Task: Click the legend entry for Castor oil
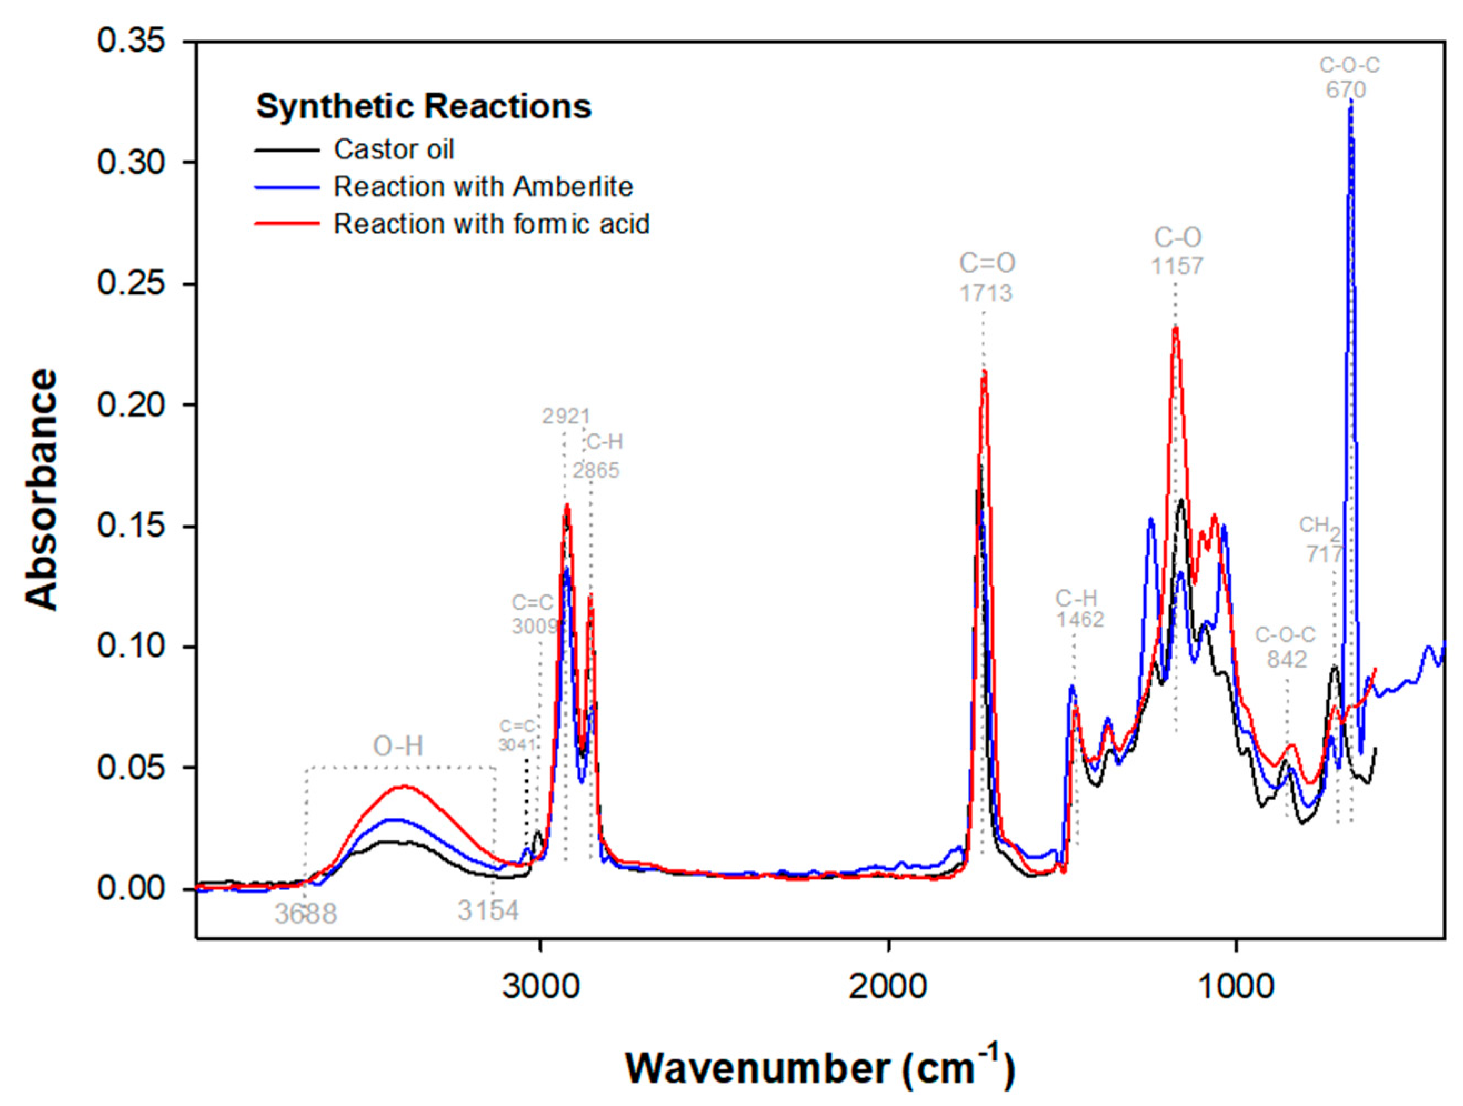tap(394, 149)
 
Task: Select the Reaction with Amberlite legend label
tap(483, 187)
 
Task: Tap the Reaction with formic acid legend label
tap(492, 224)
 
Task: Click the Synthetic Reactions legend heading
tap(423, 107)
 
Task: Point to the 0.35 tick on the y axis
tap(131, 41)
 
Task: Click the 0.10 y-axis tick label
tap(131, 646)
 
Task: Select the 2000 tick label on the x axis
tap(888, 987)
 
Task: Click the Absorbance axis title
tap(41, 489)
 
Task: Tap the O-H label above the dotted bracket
tap(398, 746)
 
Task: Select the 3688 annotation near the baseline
tap(306, 914)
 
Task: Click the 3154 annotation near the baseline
tap(488, 912)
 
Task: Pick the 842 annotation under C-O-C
tap(1286, 659)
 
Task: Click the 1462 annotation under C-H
tap(1079, 620)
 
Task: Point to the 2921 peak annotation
tap(565, 417)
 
